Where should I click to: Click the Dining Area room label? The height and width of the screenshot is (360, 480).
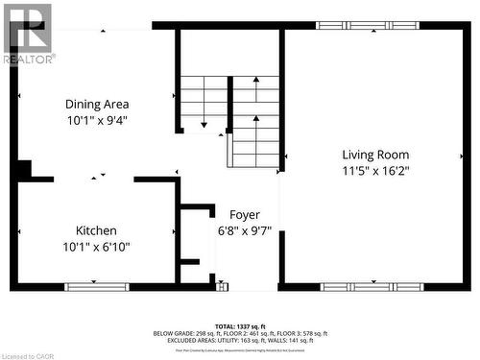coord(97,104)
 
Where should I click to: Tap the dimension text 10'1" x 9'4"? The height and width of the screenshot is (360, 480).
coord(97,121)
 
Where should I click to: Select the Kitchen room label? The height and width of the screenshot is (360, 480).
coord(97,230)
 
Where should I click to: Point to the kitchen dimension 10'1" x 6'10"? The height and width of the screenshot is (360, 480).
coord(97,247)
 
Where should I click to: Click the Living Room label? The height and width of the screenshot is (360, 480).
coord(375,155)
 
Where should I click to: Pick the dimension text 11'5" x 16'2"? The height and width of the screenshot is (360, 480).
coord(375,171)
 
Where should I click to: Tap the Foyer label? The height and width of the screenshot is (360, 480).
coord(245,214)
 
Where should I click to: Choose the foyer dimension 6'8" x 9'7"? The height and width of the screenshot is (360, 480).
coord(245,230)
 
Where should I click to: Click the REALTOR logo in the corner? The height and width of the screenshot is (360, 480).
coord(27,33)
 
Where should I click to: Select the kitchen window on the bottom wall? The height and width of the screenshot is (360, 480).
coord(96,286)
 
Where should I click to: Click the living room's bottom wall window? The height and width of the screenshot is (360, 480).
coord(372,286)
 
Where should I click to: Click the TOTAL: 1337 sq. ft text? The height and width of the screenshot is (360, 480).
coord(239,326)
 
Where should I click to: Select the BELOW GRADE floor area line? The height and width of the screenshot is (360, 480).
coord(239,333)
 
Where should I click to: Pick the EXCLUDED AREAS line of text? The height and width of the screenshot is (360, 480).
coord(239,340)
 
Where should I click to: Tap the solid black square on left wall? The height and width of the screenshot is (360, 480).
coord(21,170)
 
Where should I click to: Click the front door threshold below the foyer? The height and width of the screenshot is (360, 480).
coord(224,286)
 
